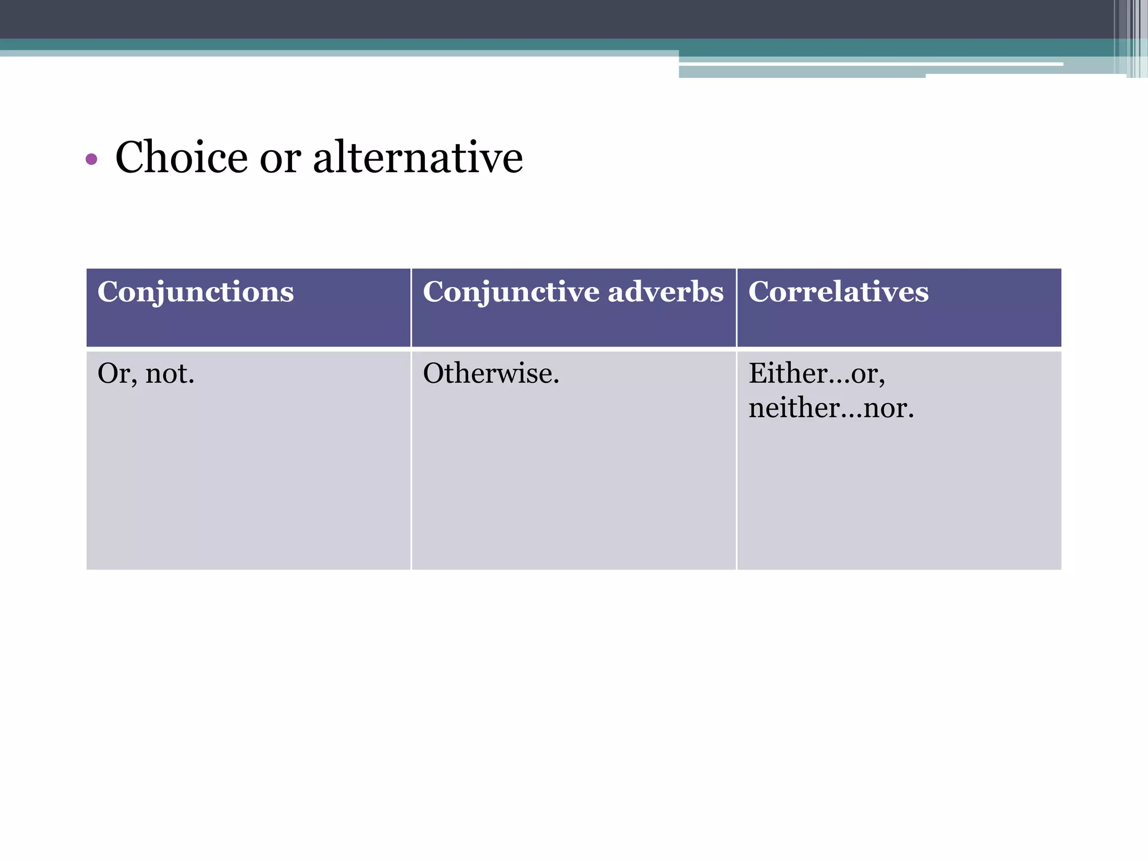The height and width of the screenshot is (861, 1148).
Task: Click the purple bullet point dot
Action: tap(91, 160)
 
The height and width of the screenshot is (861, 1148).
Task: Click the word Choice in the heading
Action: tap(181, 158)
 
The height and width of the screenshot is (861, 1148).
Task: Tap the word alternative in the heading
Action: tap(418, 158)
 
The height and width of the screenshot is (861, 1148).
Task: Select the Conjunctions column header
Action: tap(195, 292)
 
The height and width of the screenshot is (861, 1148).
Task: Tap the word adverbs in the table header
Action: tap(665, 292)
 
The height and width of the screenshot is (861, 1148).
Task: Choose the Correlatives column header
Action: tap(838, 292)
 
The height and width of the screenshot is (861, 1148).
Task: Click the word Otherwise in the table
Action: tap(489, 373)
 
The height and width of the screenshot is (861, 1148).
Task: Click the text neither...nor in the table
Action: tap(830, 408)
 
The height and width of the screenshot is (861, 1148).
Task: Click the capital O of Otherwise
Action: tap(434, 373)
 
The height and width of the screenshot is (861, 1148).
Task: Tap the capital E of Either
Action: tap(758, 373)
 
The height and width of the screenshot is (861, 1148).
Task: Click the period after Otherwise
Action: tap(556, 382)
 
